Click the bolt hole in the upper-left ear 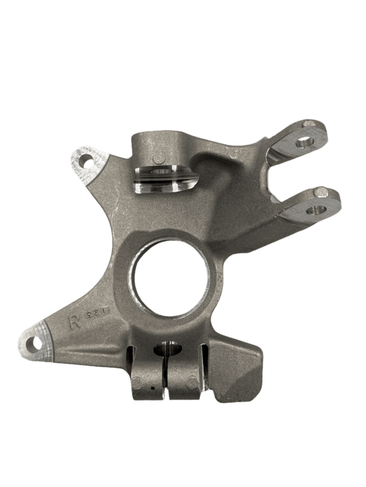tap(86, 161)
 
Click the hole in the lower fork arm tap(314, 211)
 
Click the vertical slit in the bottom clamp tap(167, 380)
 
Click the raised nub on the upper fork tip tap(310, 124)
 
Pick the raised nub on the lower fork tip tap(321, 193)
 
